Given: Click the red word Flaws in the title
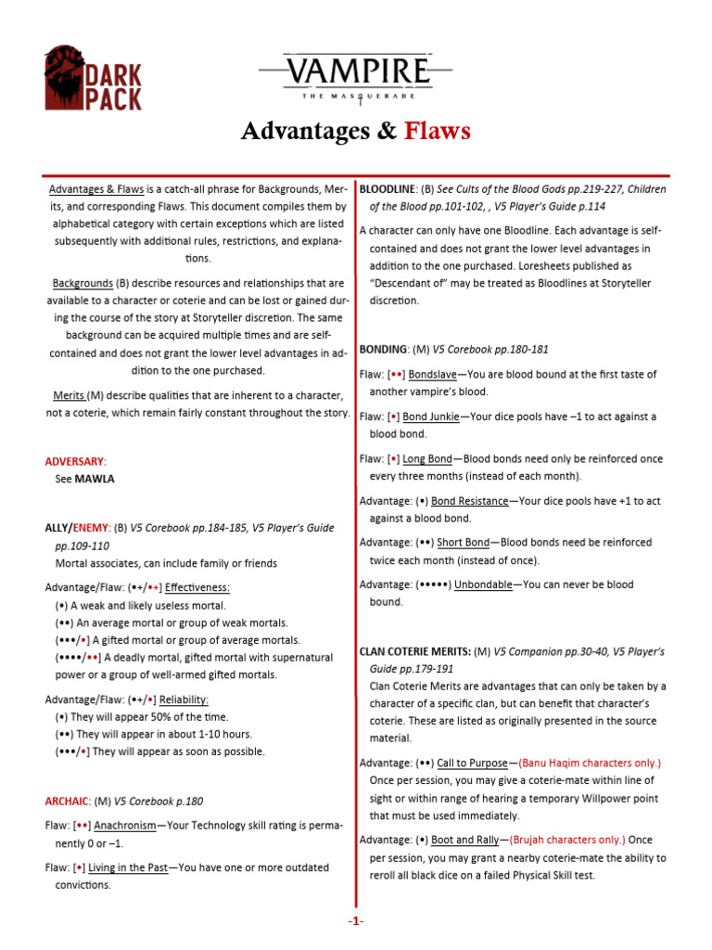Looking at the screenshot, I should [x=437, y=131].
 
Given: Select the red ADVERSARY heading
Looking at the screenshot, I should [x=75, y=461].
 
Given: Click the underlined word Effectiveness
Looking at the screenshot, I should [x=197, y=587].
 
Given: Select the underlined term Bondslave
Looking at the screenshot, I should [x=435, y=374].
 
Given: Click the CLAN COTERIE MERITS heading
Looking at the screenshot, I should [x=413, y=652].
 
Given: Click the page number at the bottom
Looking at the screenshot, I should [x=356, y=920].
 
